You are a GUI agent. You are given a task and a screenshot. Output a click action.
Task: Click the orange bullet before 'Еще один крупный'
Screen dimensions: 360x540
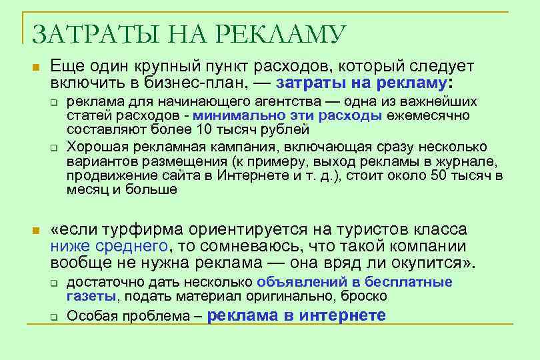37,68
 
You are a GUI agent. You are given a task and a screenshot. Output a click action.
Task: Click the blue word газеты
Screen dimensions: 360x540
90,296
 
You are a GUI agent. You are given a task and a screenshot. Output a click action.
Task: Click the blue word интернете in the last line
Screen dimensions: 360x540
343,315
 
